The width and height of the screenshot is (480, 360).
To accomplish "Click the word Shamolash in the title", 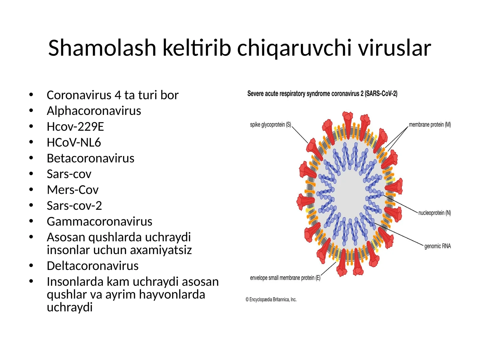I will pyautogui.click(x=102, y=48).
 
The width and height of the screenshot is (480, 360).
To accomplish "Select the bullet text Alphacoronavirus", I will pyautogui.click(x=94, y=111).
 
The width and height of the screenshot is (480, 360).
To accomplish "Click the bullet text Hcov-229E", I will pyautogui.click(x=75, y=127).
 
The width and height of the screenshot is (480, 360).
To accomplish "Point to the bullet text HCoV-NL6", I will pyautogui.click(x=74, y=142).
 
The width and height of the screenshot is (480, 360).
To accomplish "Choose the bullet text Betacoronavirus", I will pyautogui.click(x=90, y=158).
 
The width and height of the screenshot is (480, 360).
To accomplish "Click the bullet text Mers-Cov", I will pyautogui.click(x=73, y=190).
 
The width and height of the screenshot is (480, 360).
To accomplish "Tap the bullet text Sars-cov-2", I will pyautogui.click(x=74, y=206).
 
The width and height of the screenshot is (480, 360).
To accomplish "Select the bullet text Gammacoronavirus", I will pyautogui.click(x=99, y=222).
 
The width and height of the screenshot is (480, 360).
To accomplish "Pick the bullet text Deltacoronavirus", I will pyautogui.click(x=92, y=266).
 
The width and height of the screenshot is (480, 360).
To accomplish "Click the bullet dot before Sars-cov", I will pyautogui.click(x=31, y=174).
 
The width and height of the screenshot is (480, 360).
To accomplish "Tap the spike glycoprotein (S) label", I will pyautogui.click(x=270, y=125).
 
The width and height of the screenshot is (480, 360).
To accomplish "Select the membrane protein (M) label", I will pyautogui.click(x=430, y=125).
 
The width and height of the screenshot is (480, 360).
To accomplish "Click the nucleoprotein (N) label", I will pyautogui.click(x=434, y=213).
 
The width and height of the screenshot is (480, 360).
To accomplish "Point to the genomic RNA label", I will pyautogui.click(x=437, y=246).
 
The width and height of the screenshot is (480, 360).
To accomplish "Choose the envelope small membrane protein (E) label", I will pyautogui.click(x=285, y=278).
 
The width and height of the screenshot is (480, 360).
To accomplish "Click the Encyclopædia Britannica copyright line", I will pyautogui.click(x=271, y=299).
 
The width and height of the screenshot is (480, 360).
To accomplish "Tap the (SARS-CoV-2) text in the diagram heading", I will pyautogui.click(x=381, y=94).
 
